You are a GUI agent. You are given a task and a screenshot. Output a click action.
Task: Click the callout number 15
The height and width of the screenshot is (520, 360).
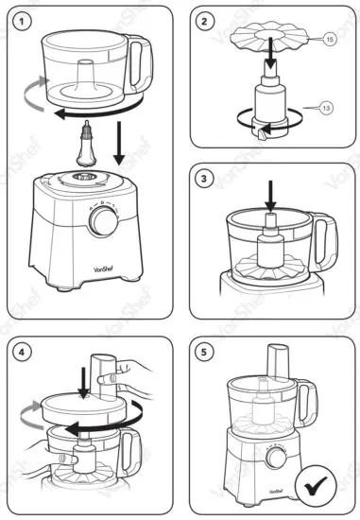331,40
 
